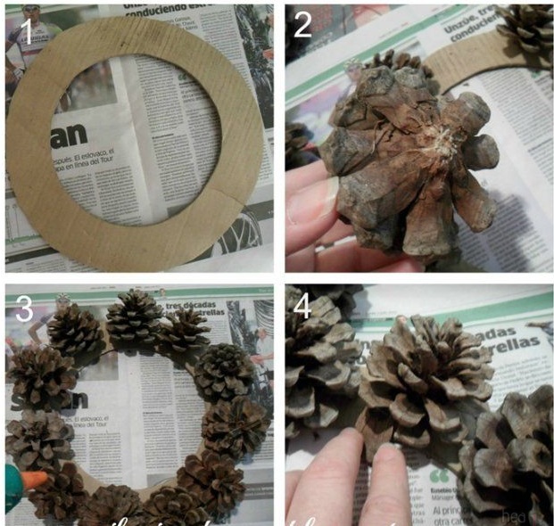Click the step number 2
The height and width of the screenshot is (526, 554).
pyautogui.click(x=303, y=25)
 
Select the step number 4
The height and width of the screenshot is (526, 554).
pyautogui.click(x=303, y=308)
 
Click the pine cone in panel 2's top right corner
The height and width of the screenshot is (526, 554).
pyautogui.click(x=526, y=27)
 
